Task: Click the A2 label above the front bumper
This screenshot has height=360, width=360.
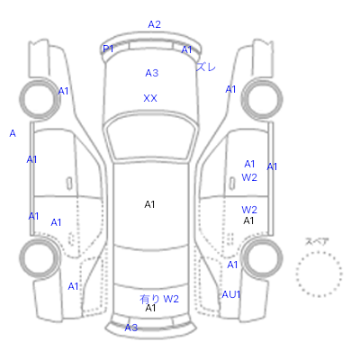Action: click(155, 24)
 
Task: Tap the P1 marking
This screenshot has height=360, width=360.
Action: click(108, 49)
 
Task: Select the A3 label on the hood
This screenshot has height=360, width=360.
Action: click(152, 73)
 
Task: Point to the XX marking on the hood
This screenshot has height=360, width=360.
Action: click(150, 98)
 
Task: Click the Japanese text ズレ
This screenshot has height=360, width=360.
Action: click(206, 67)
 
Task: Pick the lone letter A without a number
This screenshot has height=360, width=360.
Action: click(13, 133)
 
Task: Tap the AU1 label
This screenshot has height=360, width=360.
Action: click(231, 294)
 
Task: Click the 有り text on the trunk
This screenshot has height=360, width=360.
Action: click(149, 299)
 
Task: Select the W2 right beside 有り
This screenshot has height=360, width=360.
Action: click(171, 299)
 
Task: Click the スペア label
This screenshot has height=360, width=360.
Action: click(317, 241)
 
